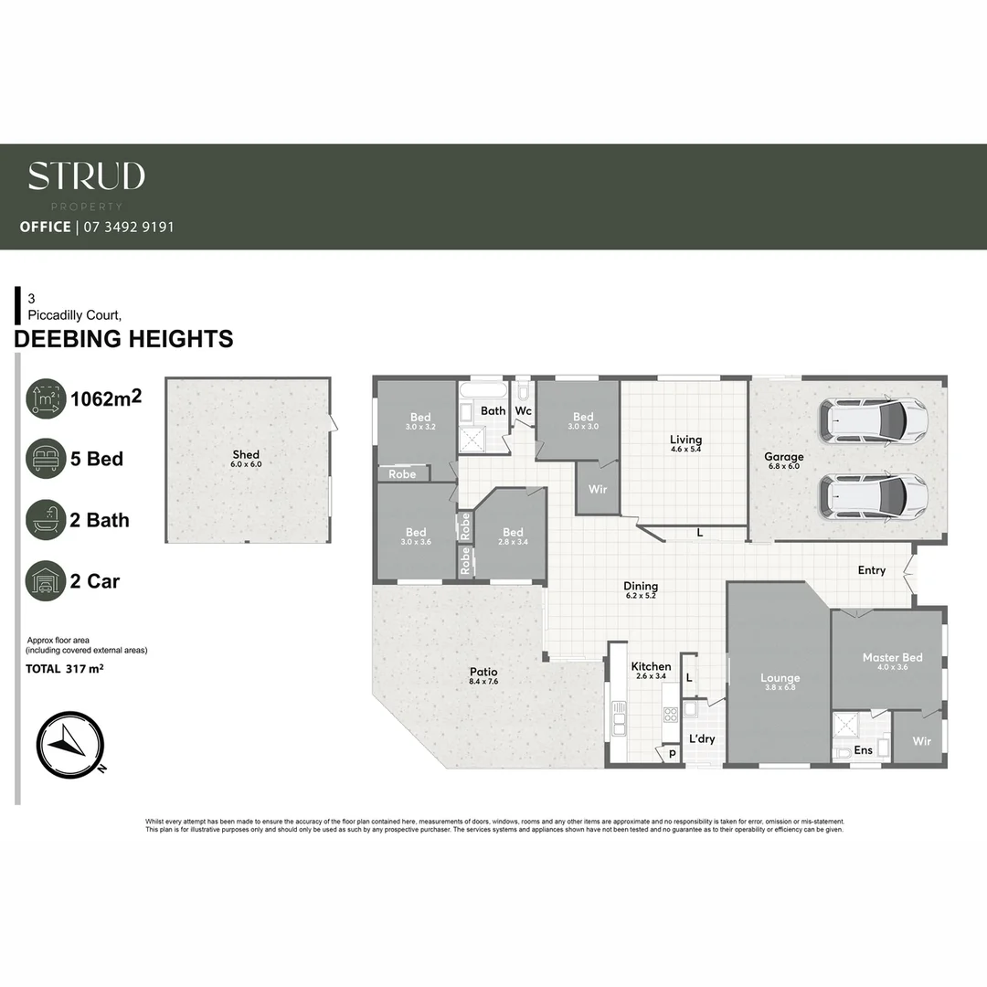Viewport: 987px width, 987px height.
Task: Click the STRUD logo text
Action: click(86, 175)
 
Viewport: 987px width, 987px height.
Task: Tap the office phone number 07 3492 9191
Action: click(129, 227)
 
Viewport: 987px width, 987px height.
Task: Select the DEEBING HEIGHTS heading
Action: click(124, 340)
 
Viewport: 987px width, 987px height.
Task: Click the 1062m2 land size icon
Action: click(46, 398)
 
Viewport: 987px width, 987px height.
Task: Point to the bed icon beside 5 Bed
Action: click(46, 459)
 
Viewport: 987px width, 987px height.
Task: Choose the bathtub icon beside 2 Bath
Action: click(46, 520)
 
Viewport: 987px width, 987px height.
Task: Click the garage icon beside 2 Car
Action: click(46, 581)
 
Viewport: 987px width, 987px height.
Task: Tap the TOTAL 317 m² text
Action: click(64, 669)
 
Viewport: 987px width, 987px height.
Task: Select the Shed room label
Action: click(246, 454)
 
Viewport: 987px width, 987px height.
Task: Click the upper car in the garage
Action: click(874, 419)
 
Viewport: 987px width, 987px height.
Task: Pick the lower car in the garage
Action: click(874, 495)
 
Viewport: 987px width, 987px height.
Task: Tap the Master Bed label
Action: click(892, 657)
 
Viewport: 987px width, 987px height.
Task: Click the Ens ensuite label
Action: click(863, 750)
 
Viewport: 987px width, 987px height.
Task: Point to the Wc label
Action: click(523, 410)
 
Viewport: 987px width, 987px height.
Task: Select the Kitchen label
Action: click(651, 666)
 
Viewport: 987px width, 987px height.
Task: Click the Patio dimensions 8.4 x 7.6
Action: click(483, 682)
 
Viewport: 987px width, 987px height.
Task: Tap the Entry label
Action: click(871, 570)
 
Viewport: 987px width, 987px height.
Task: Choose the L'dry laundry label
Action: click(702, 738)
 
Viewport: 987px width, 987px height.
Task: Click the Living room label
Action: click(685, 440)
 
